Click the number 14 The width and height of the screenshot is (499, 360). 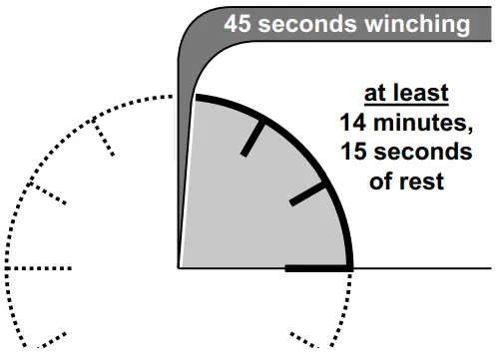point(351,125)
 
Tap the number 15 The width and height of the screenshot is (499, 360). point(355,155)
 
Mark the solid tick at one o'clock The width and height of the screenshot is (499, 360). point(253,139)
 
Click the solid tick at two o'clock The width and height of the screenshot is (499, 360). point(307,193)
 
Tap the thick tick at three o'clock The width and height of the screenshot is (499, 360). point(317,268)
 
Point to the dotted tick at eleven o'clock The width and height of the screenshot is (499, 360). point(103,137)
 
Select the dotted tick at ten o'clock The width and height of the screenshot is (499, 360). point(48,192)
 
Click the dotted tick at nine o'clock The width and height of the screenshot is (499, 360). point(39,268)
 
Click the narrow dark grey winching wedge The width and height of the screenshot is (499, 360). point(185,180)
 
